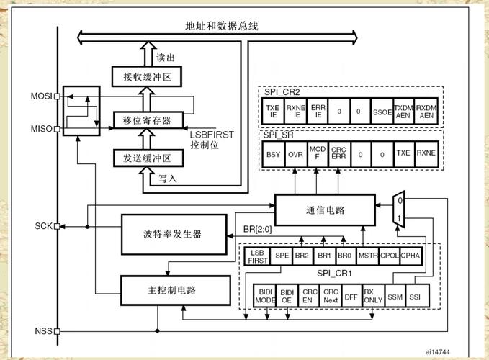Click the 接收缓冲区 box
pyautogui.click(x=148, y=76)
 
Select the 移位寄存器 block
pyautogui.click(x=148, y=120)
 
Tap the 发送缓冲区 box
pyautogui.click(x=148, y=158)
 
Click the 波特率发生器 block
pyautogui.click(x=172, y=235)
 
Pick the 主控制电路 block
pyautogui.click(x=172, y=289)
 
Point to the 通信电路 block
pyautogui.click(x=325, y=210)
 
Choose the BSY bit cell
pyautogui.click(x=274, y=153)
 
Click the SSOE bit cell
pyautogui.click(x=382, y=112)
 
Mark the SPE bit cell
pyautogui.click(x=282, y=256)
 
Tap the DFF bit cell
pyautogui.click(x=351, y=296)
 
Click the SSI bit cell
pyautogui.click(x=415, y=296)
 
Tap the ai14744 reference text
pyautogui.click(x=437, y=351)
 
